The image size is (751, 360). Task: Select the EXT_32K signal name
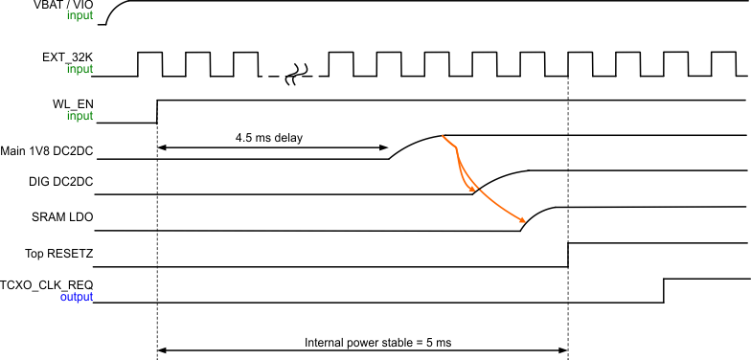pos(67,57)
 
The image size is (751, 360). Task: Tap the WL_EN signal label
pos(74,104)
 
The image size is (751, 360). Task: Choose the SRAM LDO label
pos(61,216)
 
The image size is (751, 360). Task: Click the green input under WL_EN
pos(80,116)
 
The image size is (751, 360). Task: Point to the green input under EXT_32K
pos(80,69)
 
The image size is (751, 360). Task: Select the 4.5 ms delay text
pos(269,138)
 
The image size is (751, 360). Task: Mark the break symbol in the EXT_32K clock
pos(296,73)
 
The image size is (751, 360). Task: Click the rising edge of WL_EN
pos(157,110)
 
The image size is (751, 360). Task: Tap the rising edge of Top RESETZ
pos(568,255)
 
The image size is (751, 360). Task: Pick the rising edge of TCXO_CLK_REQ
pos(664,290)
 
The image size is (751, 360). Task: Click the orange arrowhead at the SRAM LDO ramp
pos(521,220)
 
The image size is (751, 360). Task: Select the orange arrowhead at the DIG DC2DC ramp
pos(473,191)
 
